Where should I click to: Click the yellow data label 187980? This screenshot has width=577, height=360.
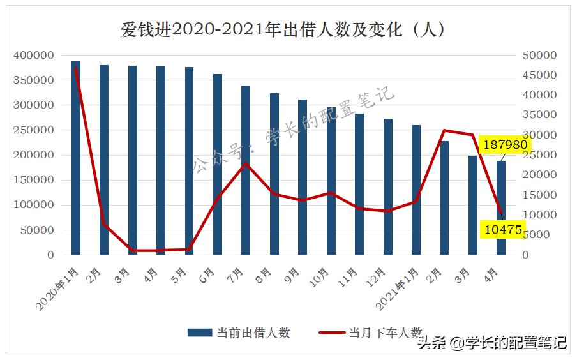(x=505, y=145)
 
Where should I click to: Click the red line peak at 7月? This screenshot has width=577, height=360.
(x=246, y=163)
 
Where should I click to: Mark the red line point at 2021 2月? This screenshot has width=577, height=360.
(x=444, y=130)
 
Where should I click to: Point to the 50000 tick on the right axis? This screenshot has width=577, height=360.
(x=539, y=56)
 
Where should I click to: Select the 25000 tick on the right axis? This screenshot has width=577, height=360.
(x=539, y=155)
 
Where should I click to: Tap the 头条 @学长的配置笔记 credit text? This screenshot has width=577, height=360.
(x=491, y=343)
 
